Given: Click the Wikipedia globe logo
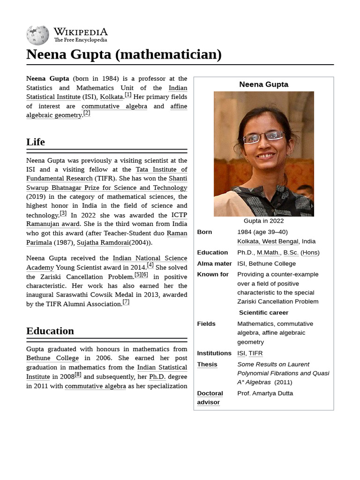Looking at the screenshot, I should tap(37, 35).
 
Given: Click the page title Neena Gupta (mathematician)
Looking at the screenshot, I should tap(124, 54).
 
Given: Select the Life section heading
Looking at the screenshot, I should tap(36, 142).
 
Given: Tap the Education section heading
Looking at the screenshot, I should tap(50, 331).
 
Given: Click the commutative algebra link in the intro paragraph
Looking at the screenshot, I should tap(114, 106).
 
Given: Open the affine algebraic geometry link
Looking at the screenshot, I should tap(54, 115).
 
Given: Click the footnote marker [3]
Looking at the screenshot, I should tap(63, 213).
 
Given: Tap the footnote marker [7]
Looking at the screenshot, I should tap(126, 302).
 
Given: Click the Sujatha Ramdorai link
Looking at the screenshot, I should tap(103, 242).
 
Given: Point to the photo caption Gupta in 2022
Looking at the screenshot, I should tap(263, 221).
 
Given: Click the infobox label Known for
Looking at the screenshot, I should tap(213, 274).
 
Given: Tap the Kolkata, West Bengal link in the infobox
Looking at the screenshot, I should tap(268, 241).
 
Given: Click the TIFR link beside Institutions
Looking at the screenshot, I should tap(255, 353).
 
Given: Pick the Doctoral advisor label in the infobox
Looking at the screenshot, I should tap(210, 397).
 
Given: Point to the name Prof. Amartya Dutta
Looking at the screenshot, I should tap(265, 393).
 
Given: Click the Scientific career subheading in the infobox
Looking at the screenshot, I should tap(263, 313).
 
